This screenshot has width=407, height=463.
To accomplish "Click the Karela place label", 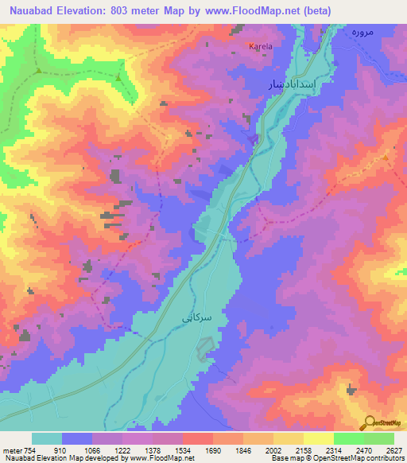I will coord(261,47).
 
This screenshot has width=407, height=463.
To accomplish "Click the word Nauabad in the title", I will coord(34,10).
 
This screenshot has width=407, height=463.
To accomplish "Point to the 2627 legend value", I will coord(394,449).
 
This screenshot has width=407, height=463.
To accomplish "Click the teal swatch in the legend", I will coord(47,438).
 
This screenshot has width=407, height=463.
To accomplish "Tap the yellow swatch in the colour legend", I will coord(319,438).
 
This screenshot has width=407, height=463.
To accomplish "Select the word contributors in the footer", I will coord(384,458).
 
